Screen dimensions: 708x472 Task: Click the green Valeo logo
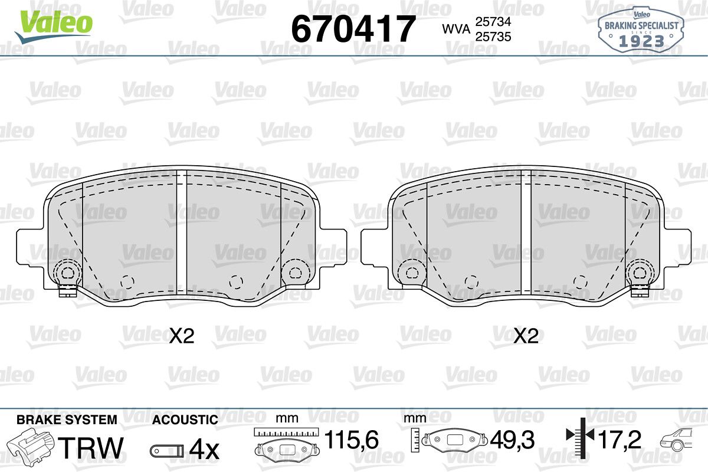(54, 27)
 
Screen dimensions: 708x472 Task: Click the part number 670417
(353, 29)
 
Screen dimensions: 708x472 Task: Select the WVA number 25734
(493, 22)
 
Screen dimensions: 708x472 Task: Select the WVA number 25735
(493, 37)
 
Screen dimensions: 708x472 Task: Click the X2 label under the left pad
(182, 336)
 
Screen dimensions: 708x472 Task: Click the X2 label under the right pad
(526, 336)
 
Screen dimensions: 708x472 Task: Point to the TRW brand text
(91, 448)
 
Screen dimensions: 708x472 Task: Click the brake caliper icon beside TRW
(30, 447)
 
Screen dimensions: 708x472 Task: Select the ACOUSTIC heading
(185, 419)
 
